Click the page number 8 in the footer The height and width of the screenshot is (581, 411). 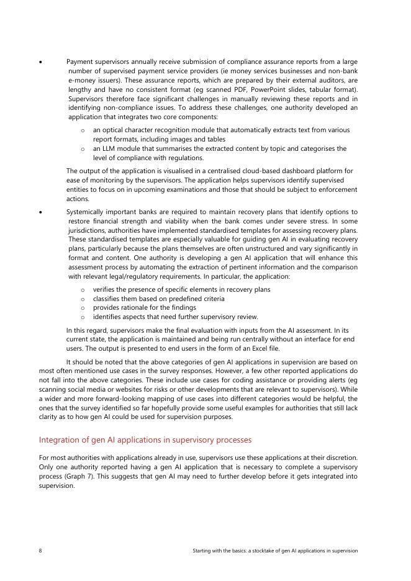tap(40, 551)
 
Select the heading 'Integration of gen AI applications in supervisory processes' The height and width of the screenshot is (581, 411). tap(145, 439)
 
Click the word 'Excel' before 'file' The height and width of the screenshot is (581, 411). tap(260, 348)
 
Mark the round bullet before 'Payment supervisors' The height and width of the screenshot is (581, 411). tap(40, 62)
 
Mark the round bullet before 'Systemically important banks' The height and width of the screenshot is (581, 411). tap(40, 212)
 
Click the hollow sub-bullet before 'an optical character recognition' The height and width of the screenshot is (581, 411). tap(83, 130)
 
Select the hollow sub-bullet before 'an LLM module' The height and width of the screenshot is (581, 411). tap(83, 149)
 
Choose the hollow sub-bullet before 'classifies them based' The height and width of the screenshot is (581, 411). tap(83, 299)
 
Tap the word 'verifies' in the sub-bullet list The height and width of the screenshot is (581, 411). tap(105, 289)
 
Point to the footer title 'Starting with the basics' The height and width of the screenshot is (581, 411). tap(276, 551)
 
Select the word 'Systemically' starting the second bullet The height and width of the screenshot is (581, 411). tap(86, 212)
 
